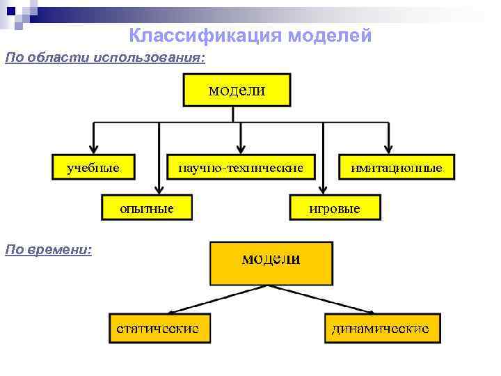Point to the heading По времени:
tap(48, 249)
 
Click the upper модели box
tap(237, 91)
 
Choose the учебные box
tap(93, 168)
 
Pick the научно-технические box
tap(241, 168)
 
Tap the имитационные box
tap(397, 168)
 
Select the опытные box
tap(147, 208)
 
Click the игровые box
tap(335, 208)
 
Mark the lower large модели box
tap(271, 263)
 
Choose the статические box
tap(159, 328)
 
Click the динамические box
tap(382, 328)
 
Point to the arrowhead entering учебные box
tap(93, 150)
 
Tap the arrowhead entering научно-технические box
tap(241, 150)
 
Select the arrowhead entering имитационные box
tap(390, 150)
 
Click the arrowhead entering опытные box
tap(159, 190)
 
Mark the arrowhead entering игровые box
tap(323, 190)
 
